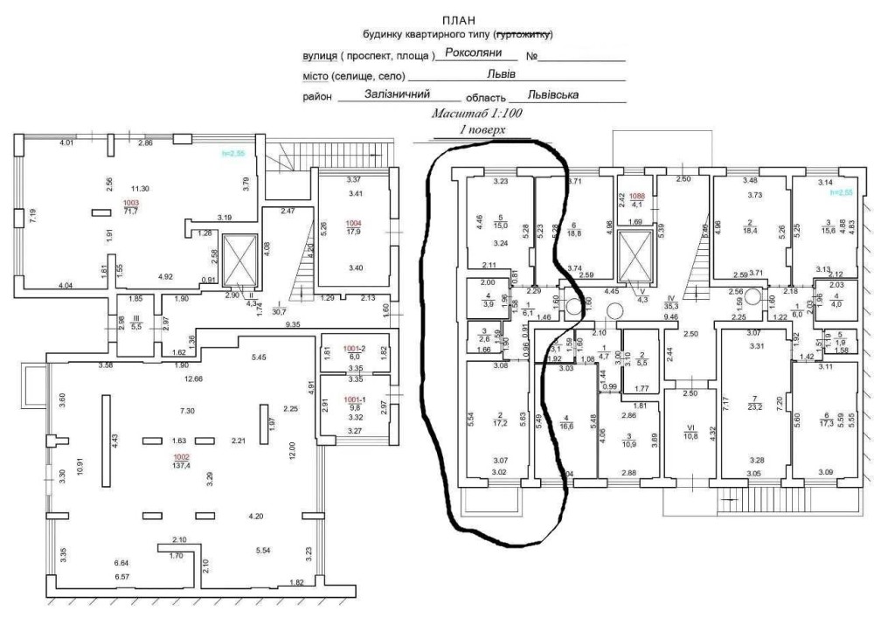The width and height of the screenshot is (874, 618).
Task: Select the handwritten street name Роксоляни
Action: (x=473, y=52)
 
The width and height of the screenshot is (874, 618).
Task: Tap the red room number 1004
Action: (x=353, y=223)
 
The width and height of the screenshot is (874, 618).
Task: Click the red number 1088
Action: (x=636, y=197)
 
